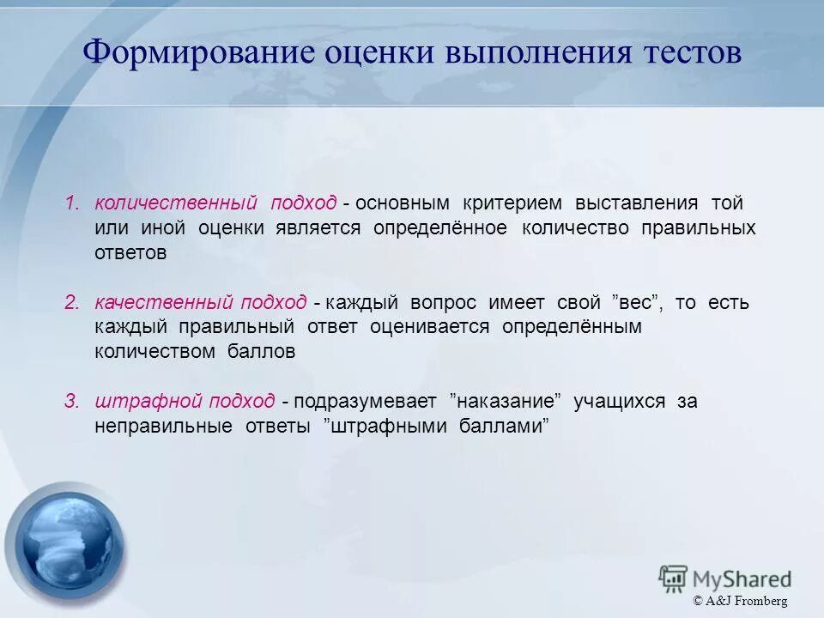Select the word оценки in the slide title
point(379,54)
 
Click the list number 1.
point(72,203)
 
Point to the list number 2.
point(72,302)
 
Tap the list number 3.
point(72,401)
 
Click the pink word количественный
point(176,203)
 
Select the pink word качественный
point(163,302)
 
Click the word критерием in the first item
point(512,203)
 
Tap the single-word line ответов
point(130,253)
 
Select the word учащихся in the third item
point(619,401)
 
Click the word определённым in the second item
point(572,327)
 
